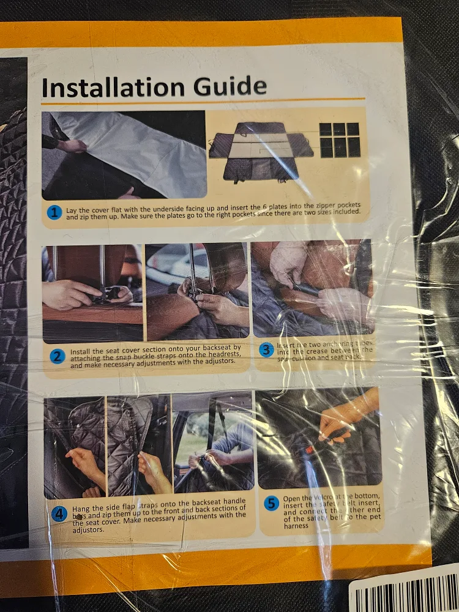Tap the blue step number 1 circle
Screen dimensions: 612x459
(55, 212)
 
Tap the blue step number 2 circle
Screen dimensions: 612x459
(57, 356)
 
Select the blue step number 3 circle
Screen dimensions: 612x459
(266, 349)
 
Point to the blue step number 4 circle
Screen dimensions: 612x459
(59, 514)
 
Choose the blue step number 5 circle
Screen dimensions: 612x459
(271, 504)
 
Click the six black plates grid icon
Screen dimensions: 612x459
(340, 140)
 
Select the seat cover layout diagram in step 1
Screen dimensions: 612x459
(261, 151)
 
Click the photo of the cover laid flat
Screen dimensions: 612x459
(124, 155)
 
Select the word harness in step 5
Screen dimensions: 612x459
(296, 526)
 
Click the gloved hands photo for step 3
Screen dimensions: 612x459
(312, 286)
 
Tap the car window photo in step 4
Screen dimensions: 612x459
(212, 442)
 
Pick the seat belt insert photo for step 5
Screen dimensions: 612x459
(318, 437)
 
